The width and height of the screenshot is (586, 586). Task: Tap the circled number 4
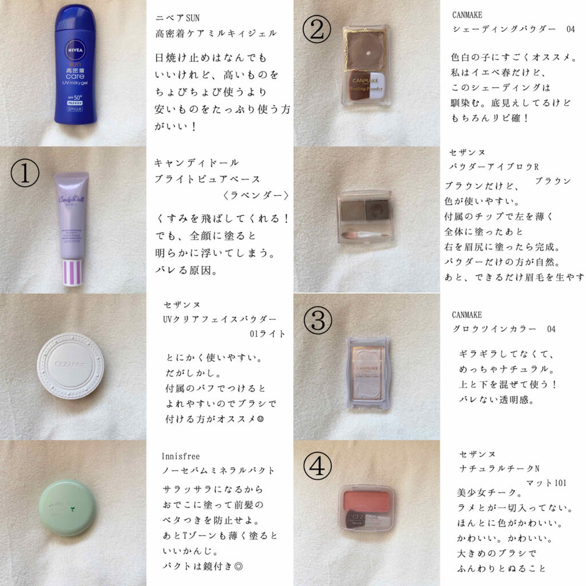tap(316, 469)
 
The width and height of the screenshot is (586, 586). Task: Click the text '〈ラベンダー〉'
tap(255, 195)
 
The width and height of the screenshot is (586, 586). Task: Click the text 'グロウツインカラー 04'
tap(504, 329)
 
